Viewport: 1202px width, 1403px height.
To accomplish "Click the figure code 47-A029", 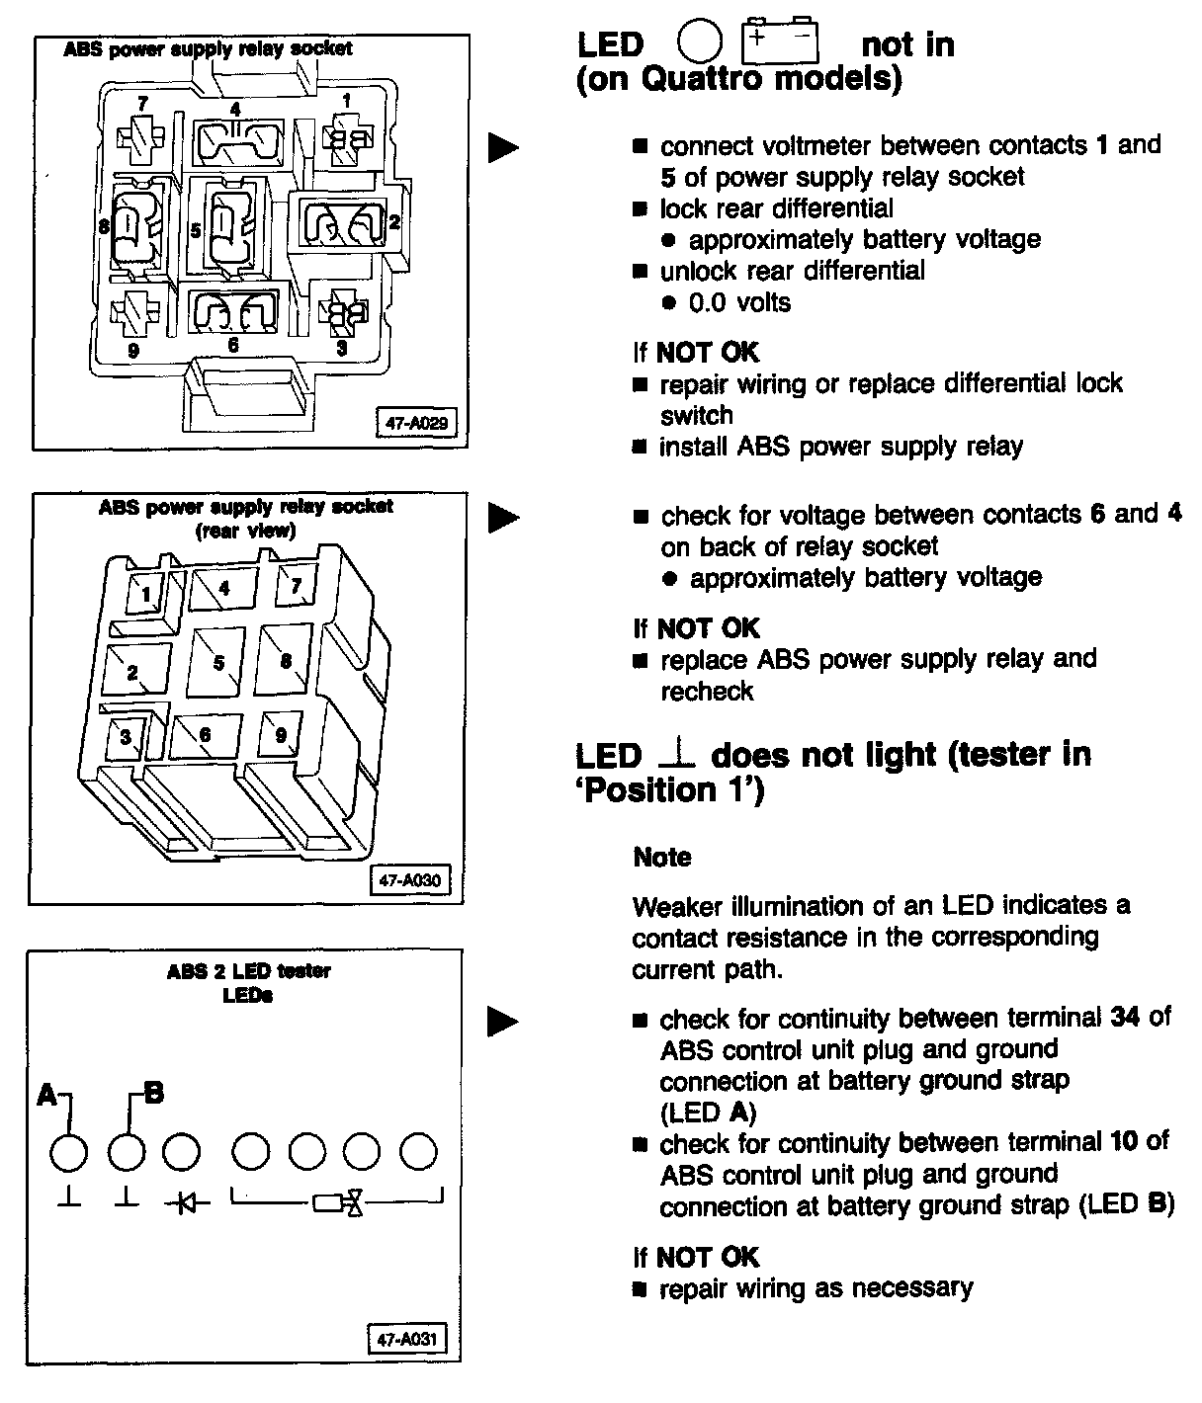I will tap(415, 424).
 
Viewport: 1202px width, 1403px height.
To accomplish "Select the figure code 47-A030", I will tap(409, 878).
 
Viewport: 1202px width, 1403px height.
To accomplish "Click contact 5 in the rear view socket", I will tap(219, 663).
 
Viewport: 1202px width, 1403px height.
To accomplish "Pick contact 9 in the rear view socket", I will tap(281, 734).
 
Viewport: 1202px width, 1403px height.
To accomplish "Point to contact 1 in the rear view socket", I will tap(146, 594).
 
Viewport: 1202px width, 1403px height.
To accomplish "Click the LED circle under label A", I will tap(69, 1152).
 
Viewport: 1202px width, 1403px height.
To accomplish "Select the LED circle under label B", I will tap(126, 1152).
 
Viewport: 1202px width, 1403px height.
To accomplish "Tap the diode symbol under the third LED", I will tap(181, 1201).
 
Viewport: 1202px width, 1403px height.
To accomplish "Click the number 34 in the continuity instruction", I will tap(1125, 1017).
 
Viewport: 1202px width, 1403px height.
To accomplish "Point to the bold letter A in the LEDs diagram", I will tap(46, 1095).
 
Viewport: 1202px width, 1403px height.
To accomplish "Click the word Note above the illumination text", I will tap(662, 857).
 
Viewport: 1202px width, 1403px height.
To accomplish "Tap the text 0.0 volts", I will tap(739, 302).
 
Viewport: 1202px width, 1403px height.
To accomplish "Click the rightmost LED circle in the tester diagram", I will tap(418, 1152).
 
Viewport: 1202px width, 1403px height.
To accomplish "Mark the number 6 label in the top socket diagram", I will tap(232, 346).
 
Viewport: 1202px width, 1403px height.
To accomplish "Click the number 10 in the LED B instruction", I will tap(1123, 1142).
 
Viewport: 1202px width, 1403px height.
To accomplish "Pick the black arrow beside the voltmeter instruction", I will tap(504, 147).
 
